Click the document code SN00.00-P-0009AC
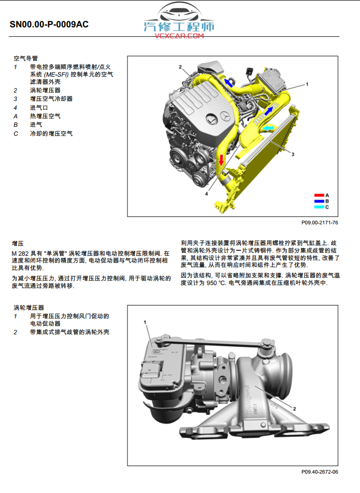[x=49, y=24]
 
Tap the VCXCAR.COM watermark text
[x=179, y=36]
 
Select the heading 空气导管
[x=25, y=58]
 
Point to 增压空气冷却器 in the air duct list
[x=51, y=99]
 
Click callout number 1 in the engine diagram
[x=307, y=85]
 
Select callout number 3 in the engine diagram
[x=293, y=155]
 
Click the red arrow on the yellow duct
[x=221, y=159]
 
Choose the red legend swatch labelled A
[x=319, y=195]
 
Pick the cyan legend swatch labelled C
[x=319, y=206]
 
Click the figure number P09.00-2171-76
[x=319, y=222]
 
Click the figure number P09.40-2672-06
[x=319, y=472]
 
